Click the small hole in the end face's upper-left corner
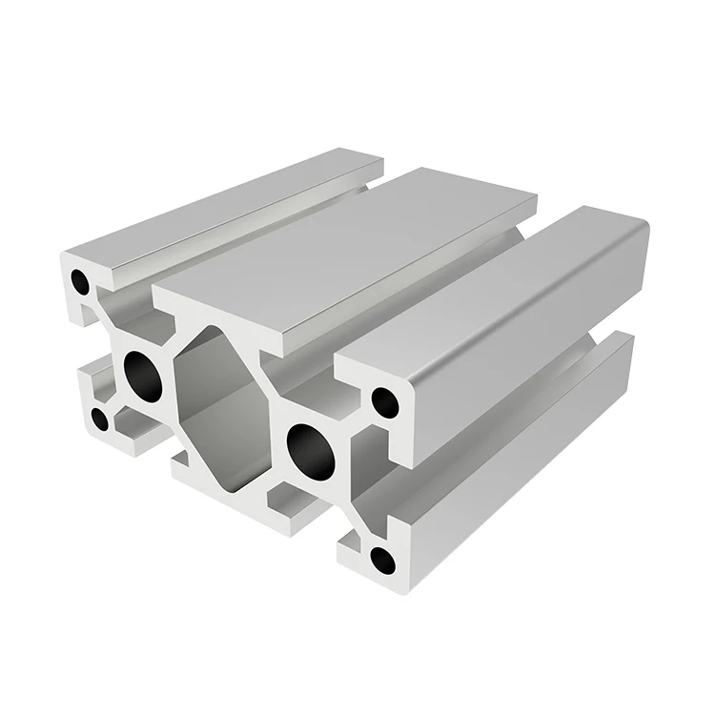[x=81, y=282]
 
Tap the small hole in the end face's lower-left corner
[x=99, y=418]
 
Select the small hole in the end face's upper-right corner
[x=384, y=402]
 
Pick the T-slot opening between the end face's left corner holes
[x=86, y=353]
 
